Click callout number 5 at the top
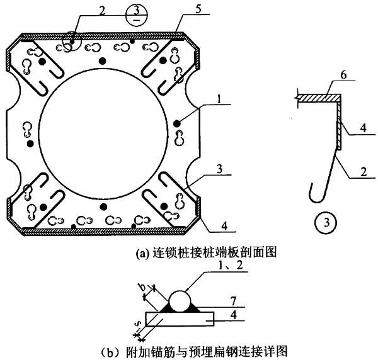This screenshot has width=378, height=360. [x=198, y=9]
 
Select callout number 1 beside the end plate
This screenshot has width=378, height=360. [x=219, y=99]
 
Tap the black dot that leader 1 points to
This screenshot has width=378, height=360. [x=177, y=123]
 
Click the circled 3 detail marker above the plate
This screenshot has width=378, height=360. [x=137, y=15]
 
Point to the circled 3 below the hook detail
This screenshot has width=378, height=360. [x=326, y=222]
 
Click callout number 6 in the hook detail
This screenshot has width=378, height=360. [x=343, y=75]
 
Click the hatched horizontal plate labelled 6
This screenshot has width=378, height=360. [x=319, y=98]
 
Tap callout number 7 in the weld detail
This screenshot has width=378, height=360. [x=233, y=301]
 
